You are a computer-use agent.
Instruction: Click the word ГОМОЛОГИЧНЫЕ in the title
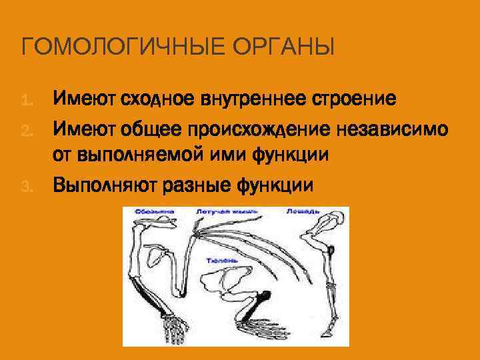pyautogui.click(x=109, y=49)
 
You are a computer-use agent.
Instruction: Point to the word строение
pyautogui.click(x=354, y=100)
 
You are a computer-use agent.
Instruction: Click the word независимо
pyautogui.click(x=402, y=127)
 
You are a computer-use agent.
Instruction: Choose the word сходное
pyautogui.click(x=156, y=100)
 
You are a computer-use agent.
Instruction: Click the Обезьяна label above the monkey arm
pyautogui.click(x=154, y=212)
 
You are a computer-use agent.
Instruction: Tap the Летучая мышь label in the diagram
pyautogui.click(x=219, y=212)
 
